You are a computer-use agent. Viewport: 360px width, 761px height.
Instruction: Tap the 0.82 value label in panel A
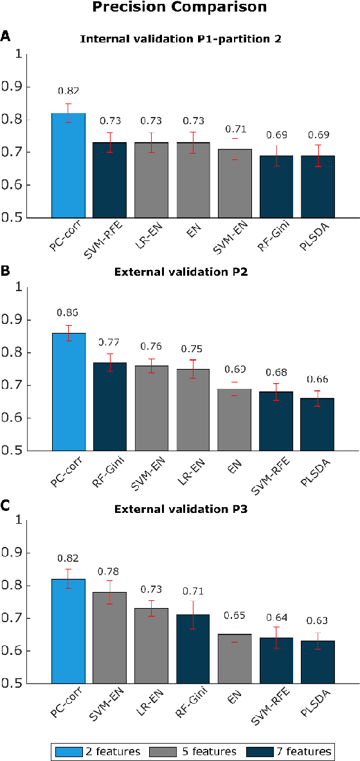(x=68, y=91)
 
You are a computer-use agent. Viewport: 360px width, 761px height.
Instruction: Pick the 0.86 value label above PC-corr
(x=68, y=312)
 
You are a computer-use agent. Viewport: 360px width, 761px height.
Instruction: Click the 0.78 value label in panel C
(x=109, y=571)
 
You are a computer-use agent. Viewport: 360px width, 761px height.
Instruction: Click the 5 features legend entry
(x=194, y=751)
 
